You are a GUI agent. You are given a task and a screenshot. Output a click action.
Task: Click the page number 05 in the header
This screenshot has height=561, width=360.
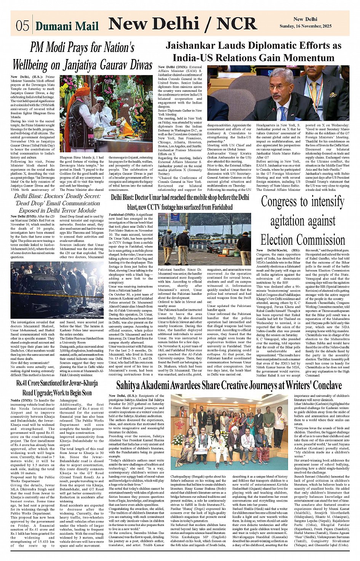click(x=22, y=26)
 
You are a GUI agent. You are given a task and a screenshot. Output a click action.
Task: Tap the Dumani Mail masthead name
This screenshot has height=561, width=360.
click(x=67, y=26)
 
